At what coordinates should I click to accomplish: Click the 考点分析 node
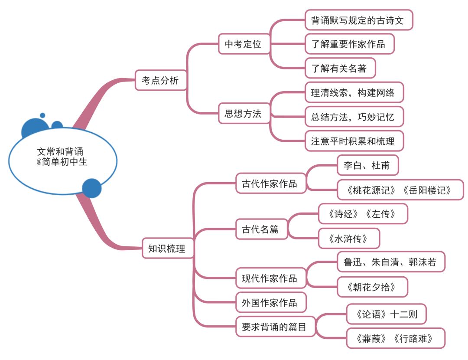pos(161,80)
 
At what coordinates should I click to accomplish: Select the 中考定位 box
pos(243,44)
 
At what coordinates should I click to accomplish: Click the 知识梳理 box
pos(167,248)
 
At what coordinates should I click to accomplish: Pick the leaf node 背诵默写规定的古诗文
pos(358,20)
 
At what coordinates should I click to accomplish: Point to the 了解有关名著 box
pos(340,69)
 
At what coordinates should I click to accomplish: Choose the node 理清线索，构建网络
pos(354,93)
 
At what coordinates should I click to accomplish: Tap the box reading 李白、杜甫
pos(367,166)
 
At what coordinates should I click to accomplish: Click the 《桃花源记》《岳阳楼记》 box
pos(400,190)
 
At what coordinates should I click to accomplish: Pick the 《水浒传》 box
pos(348,238)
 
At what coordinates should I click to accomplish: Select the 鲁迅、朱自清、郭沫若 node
pos(390,262)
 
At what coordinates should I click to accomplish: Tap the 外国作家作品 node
pos(270,303)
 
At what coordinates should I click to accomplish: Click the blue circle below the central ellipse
pos(92,188)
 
